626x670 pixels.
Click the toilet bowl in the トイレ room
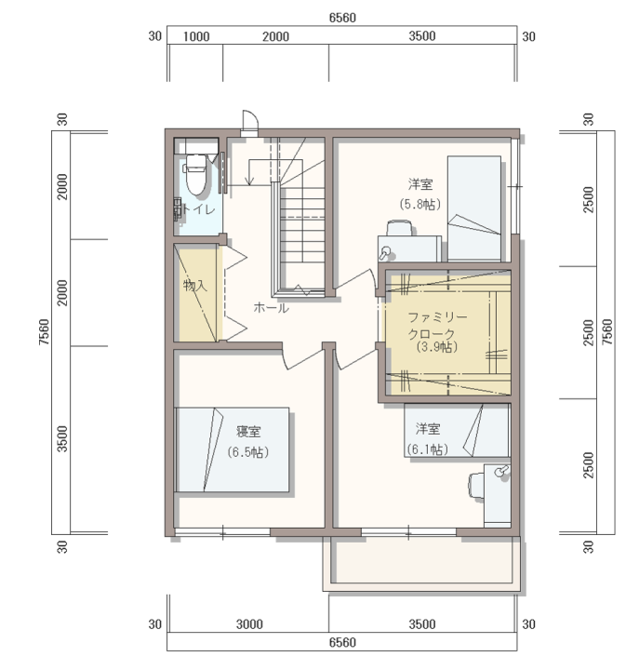click(x=196, y=174)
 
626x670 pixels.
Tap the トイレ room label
click(x=198, y=209)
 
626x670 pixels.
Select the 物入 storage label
click(x=195, y=285)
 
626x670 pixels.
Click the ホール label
click(x=272, y=307)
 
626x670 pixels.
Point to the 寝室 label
click(x=248, y=432)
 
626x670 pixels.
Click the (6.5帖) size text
click(x=248, y=452)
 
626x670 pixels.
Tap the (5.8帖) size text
click(x=420, y=204)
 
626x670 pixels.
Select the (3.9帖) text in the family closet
click(x=437, y=346)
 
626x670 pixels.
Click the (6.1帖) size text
click(x=428, y=449)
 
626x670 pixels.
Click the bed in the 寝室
click(x=233, y=450)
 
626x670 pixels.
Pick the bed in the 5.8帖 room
click(x=474, y=208)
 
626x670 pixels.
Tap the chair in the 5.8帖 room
click(x=399, y=228)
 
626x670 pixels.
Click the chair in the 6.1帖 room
click(x=476, y=485)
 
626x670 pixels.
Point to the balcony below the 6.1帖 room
click(x=422, y=563)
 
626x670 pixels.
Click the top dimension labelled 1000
click(x=196, y=36)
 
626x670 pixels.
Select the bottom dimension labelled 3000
click(x=249, y=624)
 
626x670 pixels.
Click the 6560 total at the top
click(x=342, y=18)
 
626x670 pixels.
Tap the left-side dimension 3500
click(x=62, y=439)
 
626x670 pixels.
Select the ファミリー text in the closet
click(x=438, y=317)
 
